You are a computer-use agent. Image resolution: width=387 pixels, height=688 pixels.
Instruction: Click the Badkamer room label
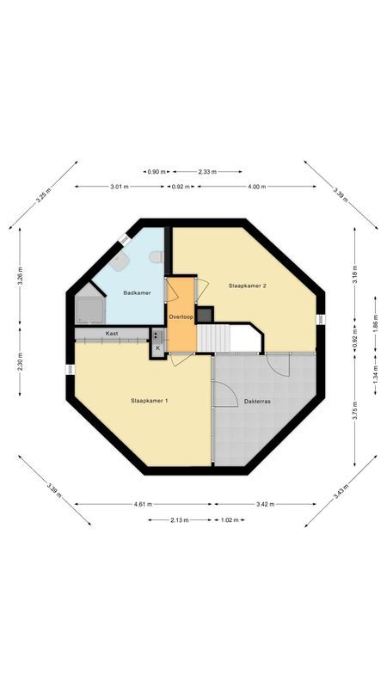pos(137,293)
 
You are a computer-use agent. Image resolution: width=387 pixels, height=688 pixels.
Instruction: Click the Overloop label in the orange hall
pos(181,316)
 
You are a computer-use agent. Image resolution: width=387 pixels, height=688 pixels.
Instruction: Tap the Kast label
pos(112,333)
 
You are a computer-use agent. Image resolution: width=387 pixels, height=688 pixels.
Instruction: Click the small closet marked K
pos(158,347)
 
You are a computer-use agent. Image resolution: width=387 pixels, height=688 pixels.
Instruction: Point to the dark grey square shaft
pos(204,315)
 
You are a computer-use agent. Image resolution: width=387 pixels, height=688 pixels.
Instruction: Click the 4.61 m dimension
pos(144,504)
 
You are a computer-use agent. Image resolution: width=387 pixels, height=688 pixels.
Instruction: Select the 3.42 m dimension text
pos(264,504)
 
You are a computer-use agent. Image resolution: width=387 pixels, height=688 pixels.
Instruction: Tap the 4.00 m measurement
pos(256,187)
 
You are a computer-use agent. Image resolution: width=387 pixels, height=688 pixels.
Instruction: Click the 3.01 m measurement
pos(120,187)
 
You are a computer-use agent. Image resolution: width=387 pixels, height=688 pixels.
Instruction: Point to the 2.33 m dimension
pos(207,172)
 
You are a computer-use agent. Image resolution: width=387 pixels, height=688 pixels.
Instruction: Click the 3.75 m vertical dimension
pos(354,410)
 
